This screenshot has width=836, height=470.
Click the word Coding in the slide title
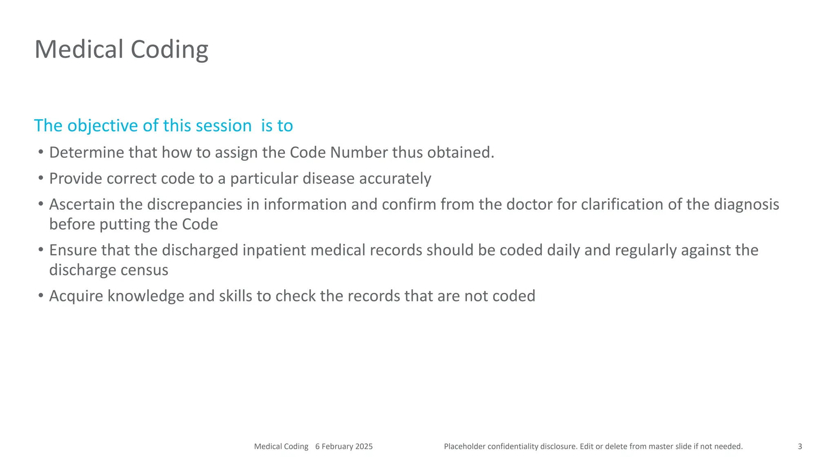click(169, 49)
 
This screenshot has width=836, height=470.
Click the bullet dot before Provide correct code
click(40, 178)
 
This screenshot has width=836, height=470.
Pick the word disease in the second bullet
click(328, 179)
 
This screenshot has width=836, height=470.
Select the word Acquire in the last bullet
click(76, 296)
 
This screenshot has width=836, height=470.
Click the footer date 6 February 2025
click(344, 446)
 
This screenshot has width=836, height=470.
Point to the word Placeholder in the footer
click(464, 446)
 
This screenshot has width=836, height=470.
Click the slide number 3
click(800, 446)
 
